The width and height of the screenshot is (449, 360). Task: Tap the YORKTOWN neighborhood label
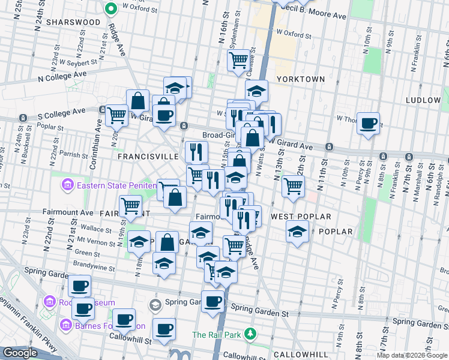301,79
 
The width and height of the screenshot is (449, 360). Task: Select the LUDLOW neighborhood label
423,100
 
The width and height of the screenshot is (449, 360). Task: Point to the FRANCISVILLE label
148,156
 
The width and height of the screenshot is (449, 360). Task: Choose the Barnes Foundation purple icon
65,326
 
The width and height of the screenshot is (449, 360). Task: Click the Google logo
19,353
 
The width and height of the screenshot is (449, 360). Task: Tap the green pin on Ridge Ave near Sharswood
110,9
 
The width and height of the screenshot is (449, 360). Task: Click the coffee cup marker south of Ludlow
368,124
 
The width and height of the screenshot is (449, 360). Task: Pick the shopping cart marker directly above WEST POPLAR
293,187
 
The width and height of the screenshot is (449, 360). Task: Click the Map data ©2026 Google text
412,355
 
